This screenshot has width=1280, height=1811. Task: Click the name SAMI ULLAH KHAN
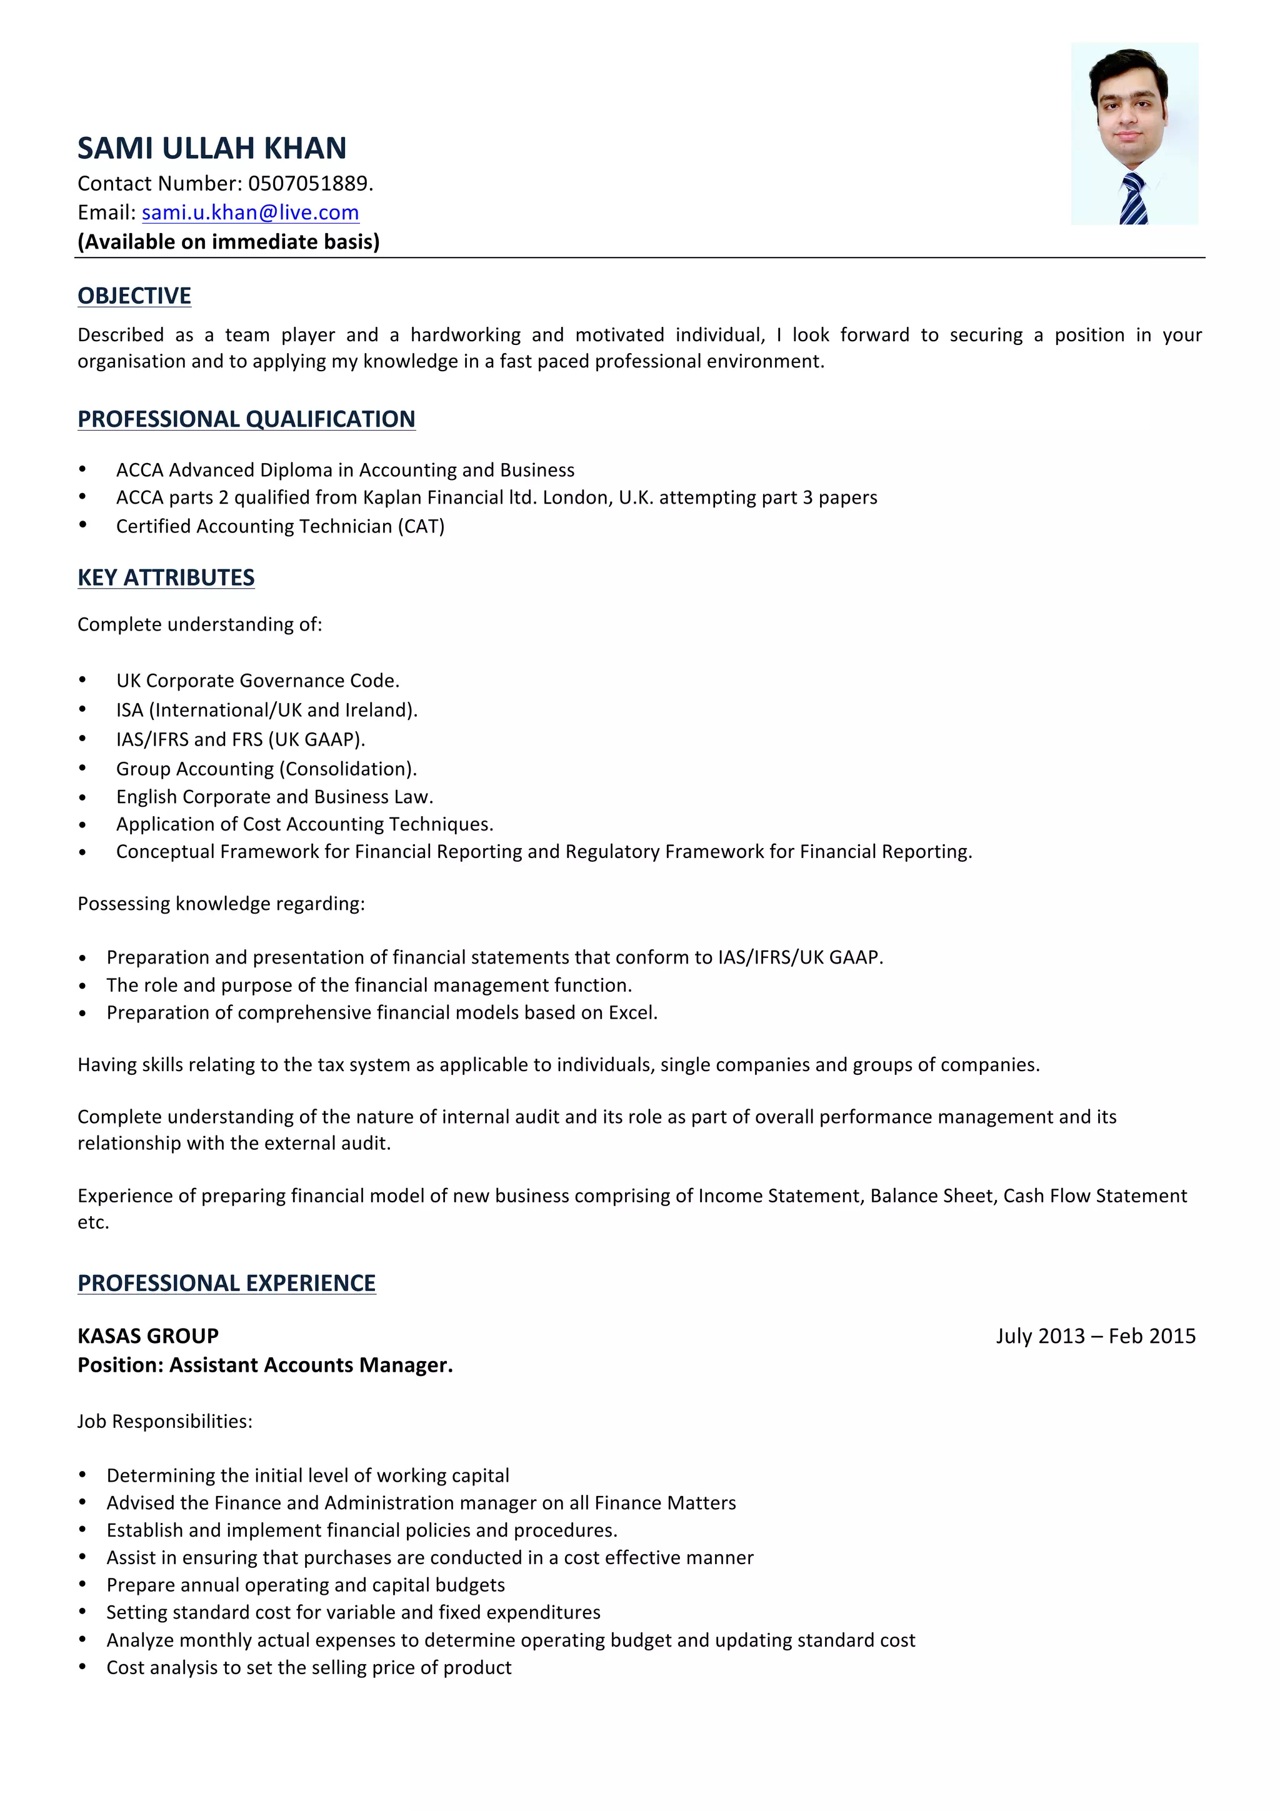click(x=211, y=148)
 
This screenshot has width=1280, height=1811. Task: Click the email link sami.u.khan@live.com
click(x=250, y=212)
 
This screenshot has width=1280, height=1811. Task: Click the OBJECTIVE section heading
click(x=134, y=296)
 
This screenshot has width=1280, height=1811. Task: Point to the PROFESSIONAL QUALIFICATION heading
click(x=246, y=419)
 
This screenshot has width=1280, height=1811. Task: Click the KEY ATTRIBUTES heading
click(x=166, y=577)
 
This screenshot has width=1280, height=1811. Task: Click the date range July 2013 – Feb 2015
click(x=1096, y=1335)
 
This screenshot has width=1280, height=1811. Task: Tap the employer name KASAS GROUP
click(x=147, y=1335)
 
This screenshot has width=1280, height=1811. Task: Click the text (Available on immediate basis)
click(x=228, y=241)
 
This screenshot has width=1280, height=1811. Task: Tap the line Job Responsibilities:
click(x=165, y=1421)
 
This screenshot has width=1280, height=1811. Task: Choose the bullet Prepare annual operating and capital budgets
click(x=305, y=1585)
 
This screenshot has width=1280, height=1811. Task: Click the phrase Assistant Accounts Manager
click(x=311, y=1365)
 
